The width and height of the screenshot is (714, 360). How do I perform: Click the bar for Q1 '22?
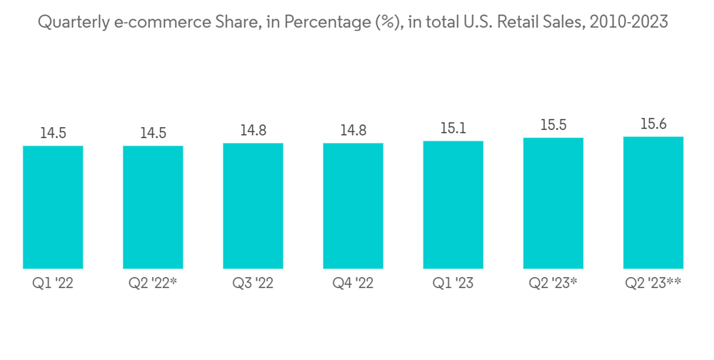click(x=53, y=207)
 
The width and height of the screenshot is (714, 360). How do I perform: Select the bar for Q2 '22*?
click(x=153, y=207)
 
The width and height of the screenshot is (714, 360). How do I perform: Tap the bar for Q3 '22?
click(x=253, y=206)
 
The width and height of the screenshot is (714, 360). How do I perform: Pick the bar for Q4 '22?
click(x=353, y=206)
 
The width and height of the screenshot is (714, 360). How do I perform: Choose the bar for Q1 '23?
click(x=453, y=204)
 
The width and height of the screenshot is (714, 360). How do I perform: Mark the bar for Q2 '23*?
click(x=553, y=203)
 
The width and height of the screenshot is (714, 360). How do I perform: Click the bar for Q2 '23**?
click(x=653, y=202)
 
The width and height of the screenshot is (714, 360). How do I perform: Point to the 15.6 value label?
click(x=653, y=124)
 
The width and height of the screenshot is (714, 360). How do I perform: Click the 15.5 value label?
click(x=553, y=125)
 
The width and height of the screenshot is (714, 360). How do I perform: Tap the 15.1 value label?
click(x=453, y=128)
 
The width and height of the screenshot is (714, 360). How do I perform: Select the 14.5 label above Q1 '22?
click(x=53, y=133)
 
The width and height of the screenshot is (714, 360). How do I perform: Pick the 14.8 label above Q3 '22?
click(x=253, y=130)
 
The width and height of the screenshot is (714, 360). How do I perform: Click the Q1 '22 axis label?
click(x=53, y=284)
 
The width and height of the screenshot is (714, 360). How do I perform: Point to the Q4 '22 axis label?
click(x=353, y=284)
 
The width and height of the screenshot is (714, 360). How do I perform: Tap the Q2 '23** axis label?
click(x=653, y=284)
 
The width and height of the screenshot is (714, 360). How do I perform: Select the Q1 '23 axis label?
click(x=453, y=284)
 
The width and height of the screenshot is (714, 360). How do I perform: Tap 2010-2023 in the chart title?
click(x=628, y=23)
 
